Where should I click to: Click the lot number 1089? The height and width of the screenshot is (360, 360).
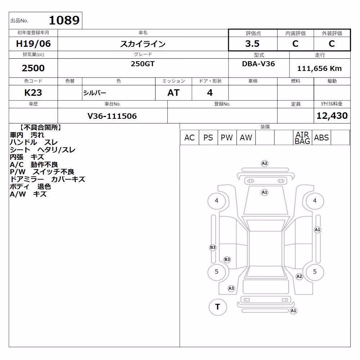click(x=64, y=20)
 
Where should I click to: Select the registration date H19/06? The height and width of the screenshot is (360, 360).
click(x=33, y=44)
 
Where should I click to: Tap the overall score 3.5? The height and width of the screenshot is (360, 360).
click(x=252, y=44)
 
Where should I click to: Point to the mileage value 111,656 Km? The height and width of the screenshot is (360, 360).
click(x=319, y=68)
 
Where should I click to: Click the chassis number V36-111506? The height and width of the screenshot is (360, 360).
click(x=112, y=116)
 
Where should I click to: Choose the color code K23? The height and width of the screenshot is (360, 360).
click(x=33, y=93)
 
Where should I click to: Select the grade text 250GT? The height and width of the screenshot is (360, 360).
click(x=143, y=64)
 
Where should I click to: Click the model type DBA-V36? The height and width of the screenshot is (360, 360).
click(x=258, y=64)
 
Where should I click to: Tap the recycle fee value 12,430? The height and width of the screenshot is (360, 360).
click(x=332, y=116)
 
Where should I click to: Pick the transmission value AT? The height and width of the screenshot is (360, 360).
click(x=174, y=93)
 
